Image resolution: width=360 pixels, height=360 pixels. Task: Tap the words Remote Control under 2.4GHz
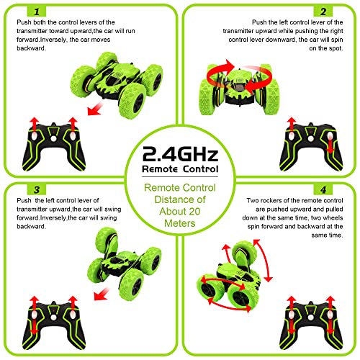(179, 169)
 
